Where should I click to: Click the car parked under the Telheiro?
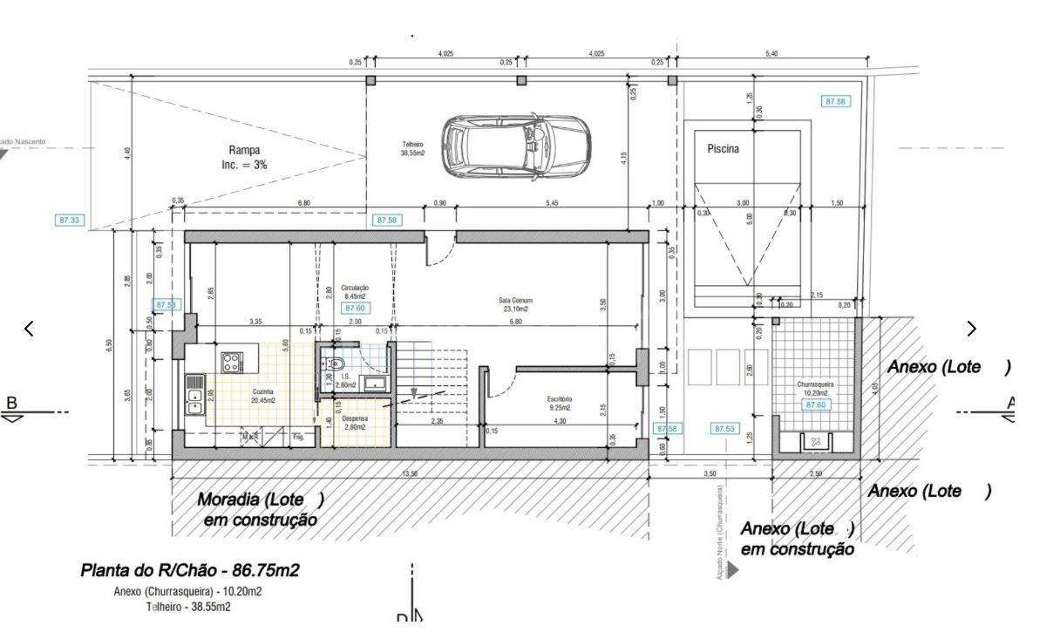[515, 144]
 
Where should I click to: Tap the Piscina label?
[723, 149]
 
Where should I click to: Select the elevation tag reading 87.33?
[70, 221]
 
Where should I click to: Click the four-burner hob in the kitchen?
[231, 362]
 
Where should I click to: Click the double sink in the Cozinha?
[194, 395]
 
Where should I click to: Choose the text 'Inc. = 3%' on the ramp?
[244, 164]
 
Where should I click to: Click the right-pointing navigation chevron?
[972, 329]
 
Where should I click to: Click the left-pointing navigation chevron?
[29, 329]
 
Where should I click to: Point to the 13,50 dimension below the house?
[408, 472]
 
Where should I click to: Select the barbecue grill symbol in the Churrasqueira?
[816, 442]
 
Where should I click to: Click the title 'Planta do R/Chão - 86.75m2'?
[190, 571]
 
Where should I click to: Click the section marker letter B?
[12, 403]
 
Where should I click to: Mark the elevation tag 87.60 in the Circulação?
[354, 309]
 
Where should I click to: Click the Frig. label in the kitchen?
[298, 436]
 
